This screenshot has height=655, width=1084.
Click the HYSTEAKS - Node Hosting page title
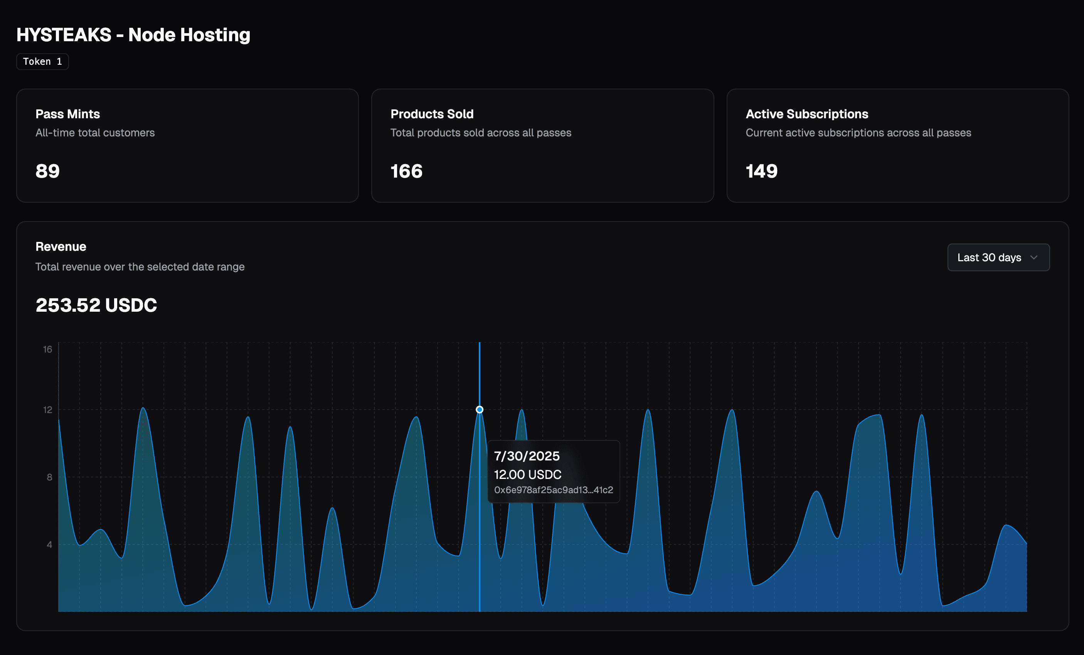tap(133, 35)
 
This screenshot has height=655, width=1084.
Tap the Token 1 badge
tap(42, 62)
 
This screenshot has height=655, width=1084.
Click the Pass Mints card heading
tap(68, 114)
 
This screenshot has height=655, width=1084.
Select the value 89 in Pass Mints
tap(47, 171)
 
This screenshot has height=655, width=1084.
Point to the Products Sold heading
tap(432, 114)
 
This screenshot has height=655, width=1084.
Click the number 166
tap(406, 171)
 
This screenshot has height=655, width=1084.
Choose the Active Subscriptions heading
tap(806, 114)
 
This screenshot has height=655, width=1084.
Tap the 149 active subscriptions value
tap(761, 171)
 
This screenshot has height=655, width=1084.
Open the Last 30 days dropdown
tap(998, 258)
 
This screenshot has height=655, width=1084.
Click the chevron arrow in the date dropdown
tap(1034, 258)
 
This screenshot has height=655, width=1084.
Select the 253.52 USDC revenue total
tap(96, 305)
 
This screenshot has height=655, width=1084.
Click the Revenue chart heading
tap(61, 247)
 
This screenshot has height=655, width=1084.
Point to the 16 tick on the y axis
tap(47, 349)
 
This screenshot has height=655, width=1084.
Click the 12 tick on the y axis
tap(47, 410)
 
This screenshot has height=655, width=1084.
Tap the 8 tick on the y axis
tap(49, 477)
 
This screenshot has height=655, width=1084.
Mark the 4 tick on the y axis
tap(49, 545)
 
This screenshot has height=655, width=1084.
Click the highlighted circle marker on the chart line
tap(480, 410)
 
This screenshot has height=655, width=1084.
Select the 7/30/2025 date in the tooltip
tap(527, 456)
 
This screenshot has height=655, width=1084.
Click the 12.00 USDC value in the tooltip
tap(527, 475)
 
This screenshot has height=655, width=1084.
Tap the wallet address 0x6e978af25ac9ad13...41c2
tap(554, 490)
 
